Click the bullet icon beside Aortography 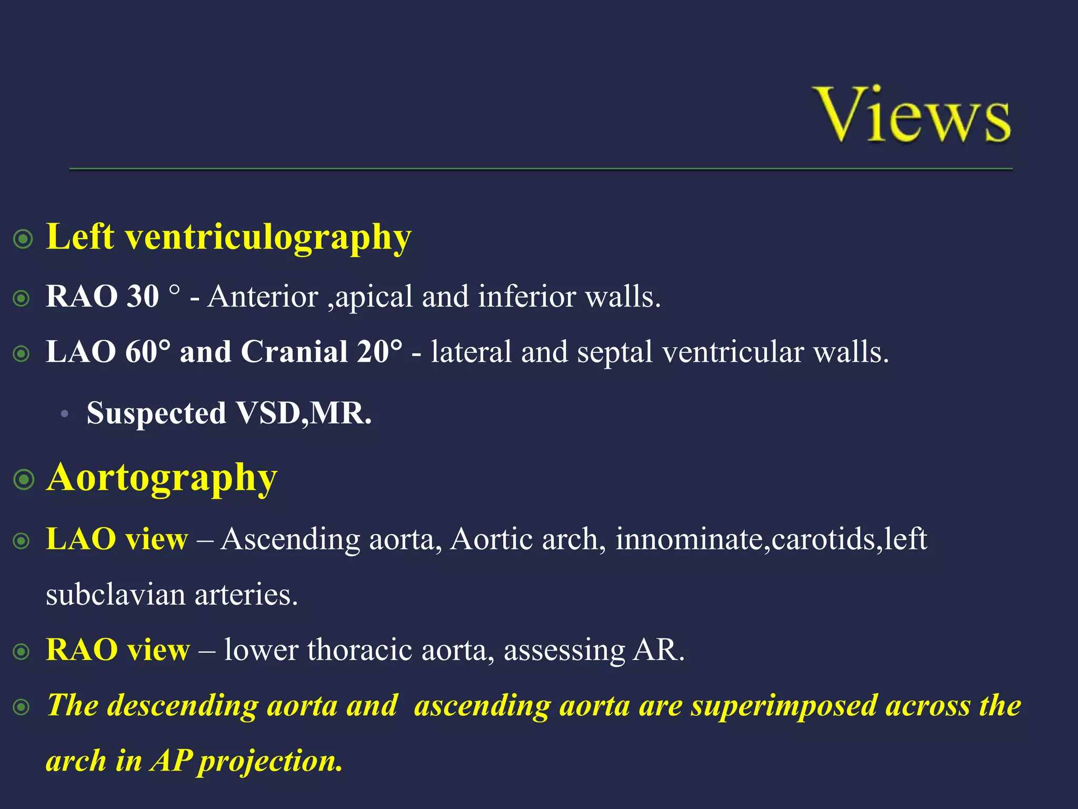click(x=24, y=480)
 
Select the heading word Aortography click(x=162, y=477)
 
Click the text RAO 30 click(x=102, y=296)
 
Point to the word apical click(x=373, y=297)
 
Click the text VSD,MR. click(x=303, y=413)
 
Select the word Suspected click(x=156, y=413)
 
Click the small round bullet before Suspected click(x=64, y=414)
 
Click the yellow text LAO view click(x=117, y=539)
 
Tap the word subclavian click(x=115, y=595)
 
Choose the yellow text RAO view click(x=117, y=649)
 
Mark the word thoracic click(x=360, y=650)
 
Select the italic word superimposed click(x=783, y=705)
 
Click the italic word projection click(x=270, y=762)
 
